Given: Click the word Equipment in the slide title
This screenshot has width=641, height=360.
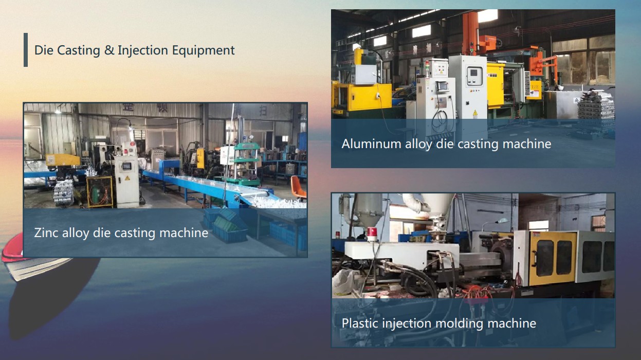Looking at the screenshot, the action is [x=203, y=50].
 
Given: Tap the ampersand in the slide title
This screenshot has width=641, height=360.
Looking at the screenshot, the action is [x=109, y=50].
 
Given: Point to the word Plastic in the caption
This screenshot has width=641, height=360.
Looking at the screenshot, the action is [x=360, y=323].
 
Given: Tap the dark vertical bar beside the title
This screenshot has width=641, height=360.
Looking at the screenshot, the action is [x=26, y=50].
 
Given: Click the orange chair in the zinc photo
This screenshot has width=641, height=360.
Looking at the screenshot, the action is [x=298, y=187].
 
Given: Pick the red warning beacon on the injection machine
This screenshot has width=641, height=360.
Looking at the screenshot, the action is [x=372, y=233].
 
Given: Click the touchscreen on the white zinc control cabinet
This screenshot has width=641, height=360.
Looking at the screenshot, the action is [x=126, y=166].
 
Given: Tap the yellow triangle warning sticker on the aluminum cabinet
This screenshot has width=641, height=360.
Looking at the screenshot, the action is [x=475, y=113].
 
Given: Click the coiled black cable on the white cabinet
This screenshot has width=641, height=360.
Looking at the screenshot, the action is [x=440, y=120].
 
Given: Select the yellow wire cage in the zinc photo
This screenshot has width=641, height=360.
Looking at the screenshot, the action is [x=100, y=191].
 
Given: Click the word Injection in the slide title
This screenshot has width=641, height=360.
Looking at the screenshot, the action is [x=143, y=50].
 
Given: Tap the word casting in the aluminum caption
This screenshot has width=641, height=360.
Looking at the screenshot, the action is [x=478, y=144].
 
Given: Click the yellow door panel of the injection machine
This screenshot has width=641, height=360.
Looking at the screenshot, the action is [x=552, y=258].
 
